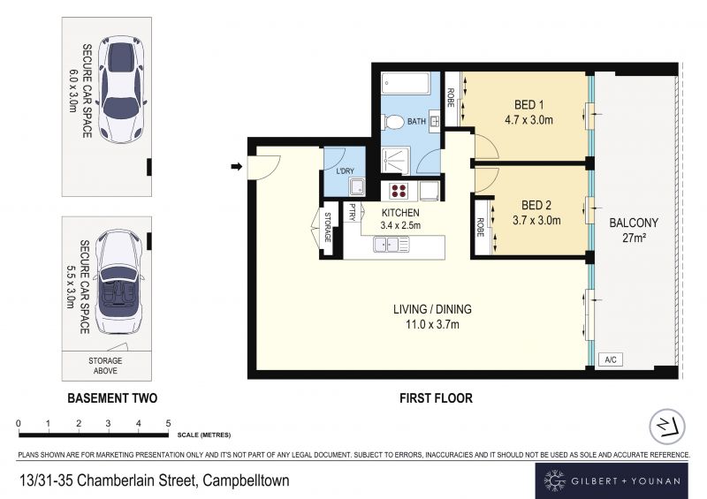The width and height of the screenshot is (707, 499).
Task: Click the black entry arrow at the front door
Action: pyautogui.click(x=237, y=167)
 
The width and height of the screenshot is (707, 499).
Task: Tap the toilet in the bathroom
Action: pyautogui.click(x=392, y=121)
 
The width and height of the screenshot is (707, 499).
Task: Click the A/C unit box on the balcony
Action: pyautogui.click(x=611, y=359)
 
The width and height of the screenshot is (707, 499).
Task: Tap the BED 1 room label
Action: pyautogui.click(x=528, y=105)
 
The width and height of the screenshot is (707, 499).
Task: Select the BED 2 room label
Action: pyautogui.click(x=536, y=206)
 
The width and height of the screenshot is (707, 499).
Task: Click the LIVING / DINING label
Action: pyautogui.click(x=432, y=309)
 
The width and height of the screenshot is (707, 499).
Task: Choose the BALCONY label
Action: pyautogui.click(x=634, y=223)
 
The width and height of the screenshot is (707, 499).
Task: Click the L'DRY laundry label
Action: pyautogui.click(x=345, y=171)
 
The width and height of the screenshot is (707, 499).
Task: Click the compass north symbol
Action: pyautogui.click(x=667, y=427)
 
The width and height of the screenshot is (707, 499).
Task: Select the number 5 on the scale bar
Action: pyautogui.click(x=168, y=423)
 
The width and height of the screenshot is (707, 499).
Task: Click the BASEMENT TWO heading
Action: pyautogui.click(x=112, y=398)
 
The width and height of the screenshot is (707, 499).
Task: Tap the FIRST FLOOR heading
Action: pyautogui.click(x=436, y=398)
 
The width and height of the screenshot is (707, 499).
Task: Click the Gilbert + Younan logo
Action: pyautogui.click(x=612, y=481)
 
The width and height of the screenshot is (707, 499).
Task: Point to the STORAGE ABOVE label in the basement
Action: pyautogui.click(x=105, y=366)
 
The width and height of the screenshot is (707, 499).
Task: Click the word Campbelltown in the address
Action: pyautogui.click(x=246, y=481)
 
